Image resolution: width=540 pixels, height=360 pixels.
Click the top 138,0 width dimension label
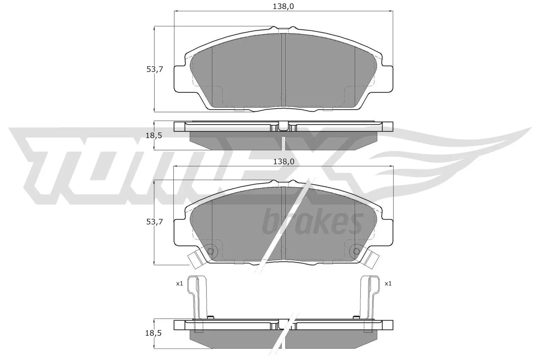283,6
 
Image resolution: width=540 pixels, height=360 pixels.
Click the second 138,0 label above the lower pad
283,162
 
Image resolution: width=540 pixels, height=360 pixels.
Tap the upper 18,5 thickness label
154,136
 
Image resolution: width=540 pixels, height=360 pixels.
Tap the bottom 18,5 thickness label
154,333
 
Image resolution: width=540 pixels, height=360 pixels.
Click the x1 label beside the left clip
179,283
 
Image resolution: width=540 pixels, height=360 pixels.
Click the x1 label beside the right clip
388,283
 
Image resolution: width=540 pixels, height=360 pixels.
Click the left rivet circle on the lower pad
211,251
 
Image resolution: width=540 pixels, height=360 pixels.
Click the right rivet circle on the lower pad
356,251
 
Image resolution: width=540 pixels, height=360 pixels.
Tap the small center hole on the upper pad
283,96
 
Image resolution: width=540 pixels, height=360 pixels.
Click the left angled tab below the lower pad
194,260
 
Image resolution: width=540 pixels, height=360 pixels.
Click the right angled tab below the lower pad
372,260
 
